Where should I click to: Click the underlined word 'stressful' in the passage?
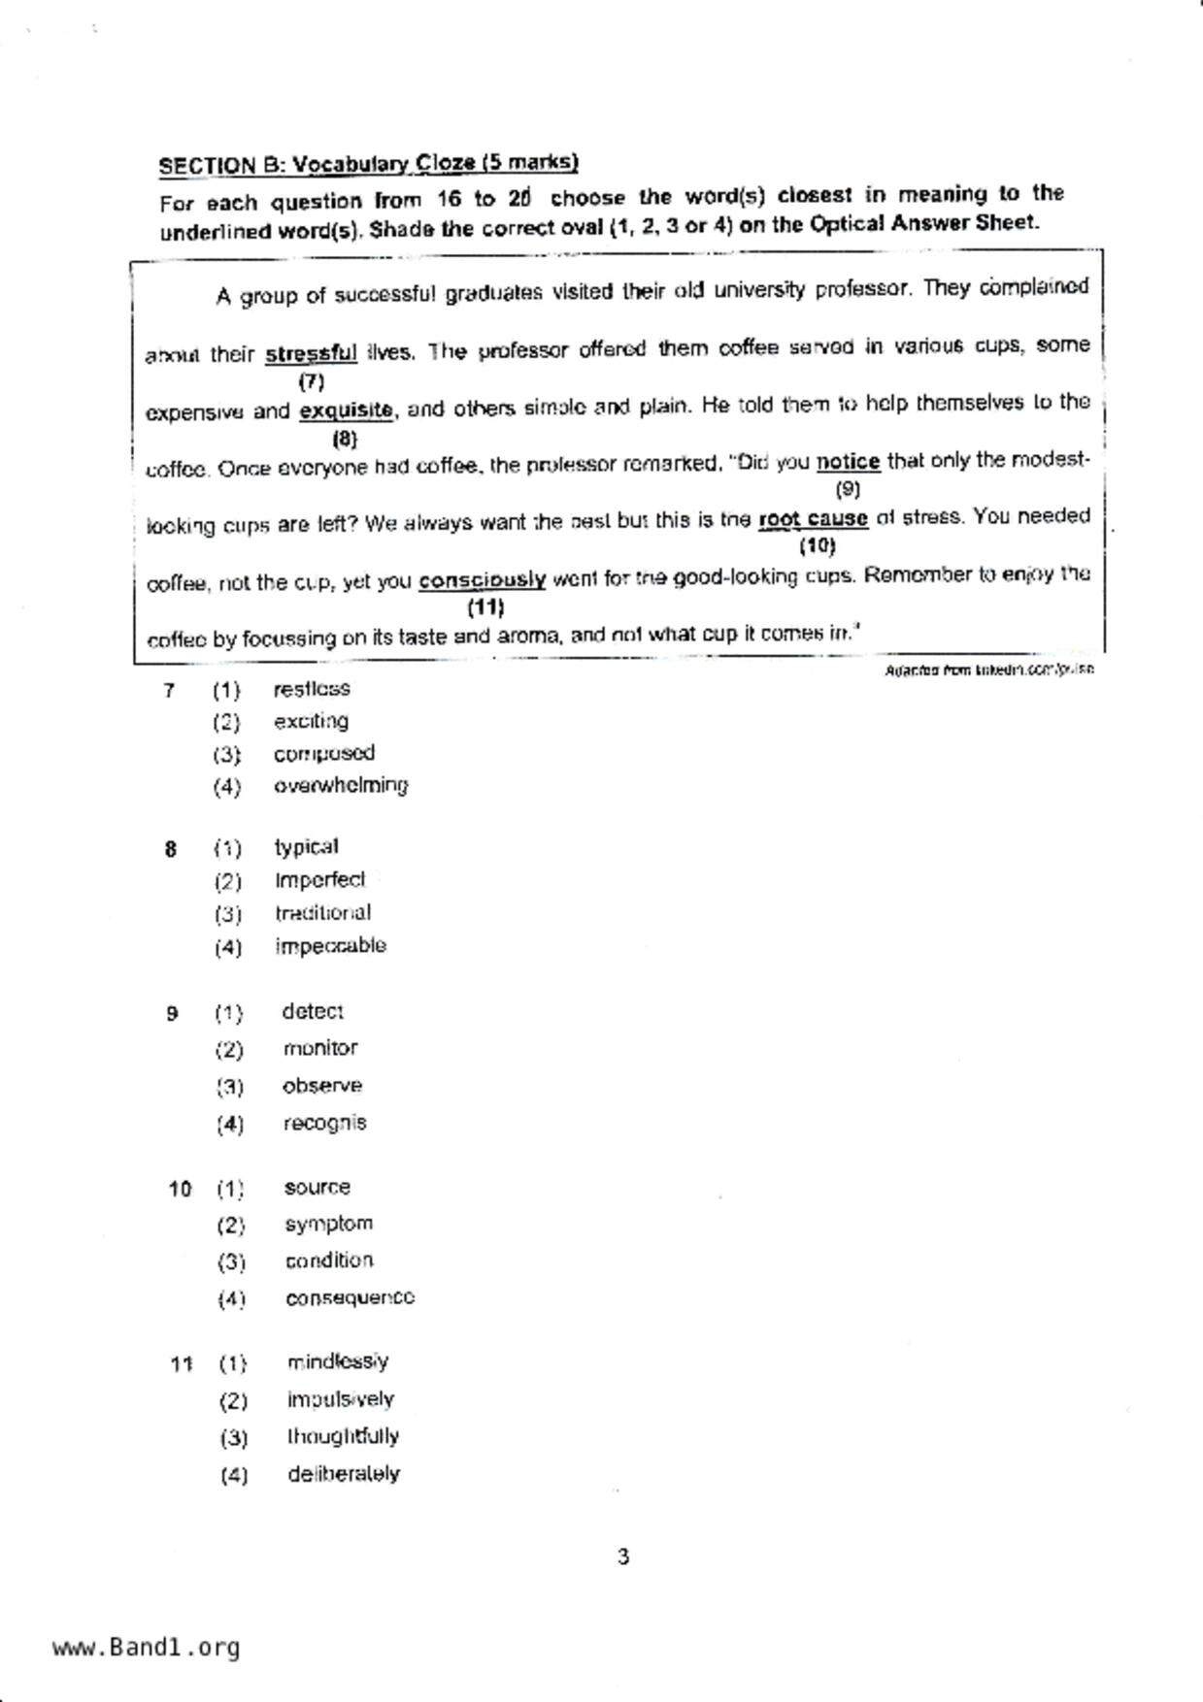[311, 354]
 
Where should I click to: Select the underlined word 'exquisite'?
[346, 410]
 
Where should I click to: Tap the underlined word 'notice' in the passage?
[848, 462]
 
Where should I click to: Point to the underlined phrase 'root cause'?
[813, 519]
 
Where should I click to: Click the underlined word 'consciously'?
[482, 581]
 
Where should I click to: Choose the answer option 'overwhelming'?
[340, 785]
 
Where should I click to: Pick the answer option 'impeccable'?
[330, 946]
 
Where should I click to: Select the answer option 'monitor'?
[320, 1049]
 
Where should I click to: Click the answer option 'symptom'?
[328, 1224]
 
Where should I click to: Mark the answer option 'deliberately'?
[343, 1474]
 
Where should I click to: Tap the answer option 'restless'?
[312, 689]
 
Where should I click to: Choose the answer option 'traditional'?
[322, 913]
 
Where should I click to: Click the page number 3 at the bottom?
[622, 1557]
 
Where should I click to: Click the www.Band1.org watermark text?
[146, 1648]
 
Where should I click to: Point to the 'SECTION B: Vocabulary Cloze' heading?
[368, 164]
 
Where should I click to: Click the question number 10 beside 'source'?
[180, 1189]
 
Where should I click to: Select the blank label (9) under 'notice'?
[848, 489]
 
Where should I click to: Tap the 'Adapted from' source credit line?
[988, 670]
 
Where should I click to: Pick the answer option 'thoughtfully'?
[343, 1436]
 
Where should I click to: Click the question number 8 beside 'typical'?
[171, 850]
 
